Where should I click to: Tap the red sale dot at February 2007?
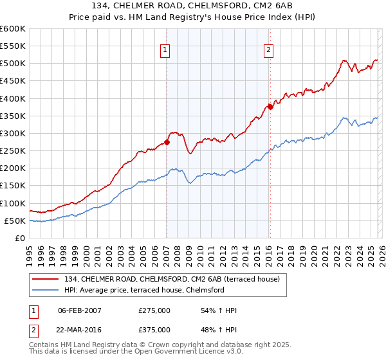click(x=167, y=143)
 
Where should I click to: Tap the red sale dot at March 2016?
click(x=270, y=107)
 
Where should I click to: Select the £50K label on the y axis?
click(x=15, y=221)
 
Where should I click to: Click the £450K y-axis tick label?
click(x=13, y=81)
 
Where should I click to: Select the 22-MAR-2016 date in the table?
click(x=80, y=328)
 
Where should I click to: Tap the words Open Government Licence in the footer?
click(x=179, y=353)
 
